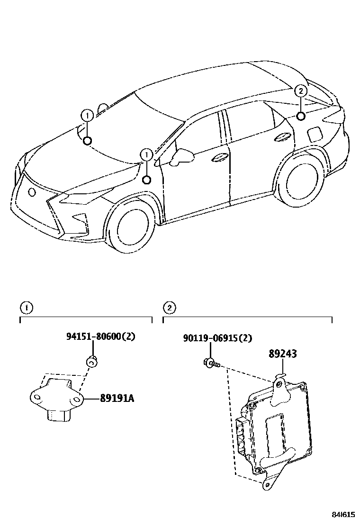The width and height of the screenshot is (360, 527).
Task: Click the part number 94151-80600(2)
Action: click(x=100, y=337)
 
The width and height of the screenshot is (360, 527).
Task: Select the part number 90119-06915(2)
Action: click(x=217, y=338)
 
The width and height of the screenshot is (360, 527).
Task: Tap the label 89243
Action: click(x=283, y=354)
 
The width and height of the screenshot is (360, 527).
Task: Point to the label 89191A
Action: click(x=117, y=399)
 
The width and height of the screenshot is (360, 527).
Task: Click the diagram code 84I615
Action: click(x=342, y=515)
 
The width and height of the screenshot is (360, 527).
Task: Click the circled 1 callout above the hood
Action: click(x=87, y=115)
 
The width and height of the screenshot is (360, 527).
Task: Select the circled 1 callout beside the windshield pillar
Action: click(x=146, y=154)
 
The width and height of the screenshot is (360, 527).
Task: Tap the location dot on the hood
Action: click(x=87, y=140)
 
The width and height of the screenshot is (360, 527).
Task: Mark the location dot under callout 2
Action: click(x=301, y=116)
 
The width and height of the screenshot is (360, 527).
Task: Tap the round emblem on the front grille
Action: click(x=32, y=192)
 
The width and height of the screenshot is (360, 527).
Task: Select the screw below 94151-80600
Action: click(x=92, y=363)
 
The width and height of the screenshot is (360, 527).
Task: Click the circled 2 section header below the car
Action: click(x=169, y=308)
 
